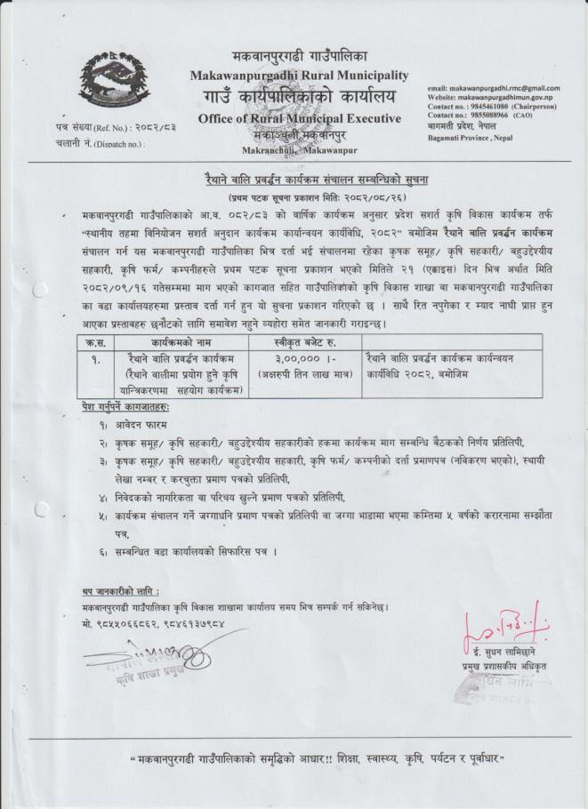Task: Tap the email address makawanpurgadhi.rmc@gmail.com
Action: pyautogui.click(x=505, y=89)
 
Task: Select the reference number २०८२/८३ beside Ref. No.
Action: pyautogui.click(x=149, y=127)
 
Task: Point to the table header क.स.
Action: pyautogui.click(x=87, y=340)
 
